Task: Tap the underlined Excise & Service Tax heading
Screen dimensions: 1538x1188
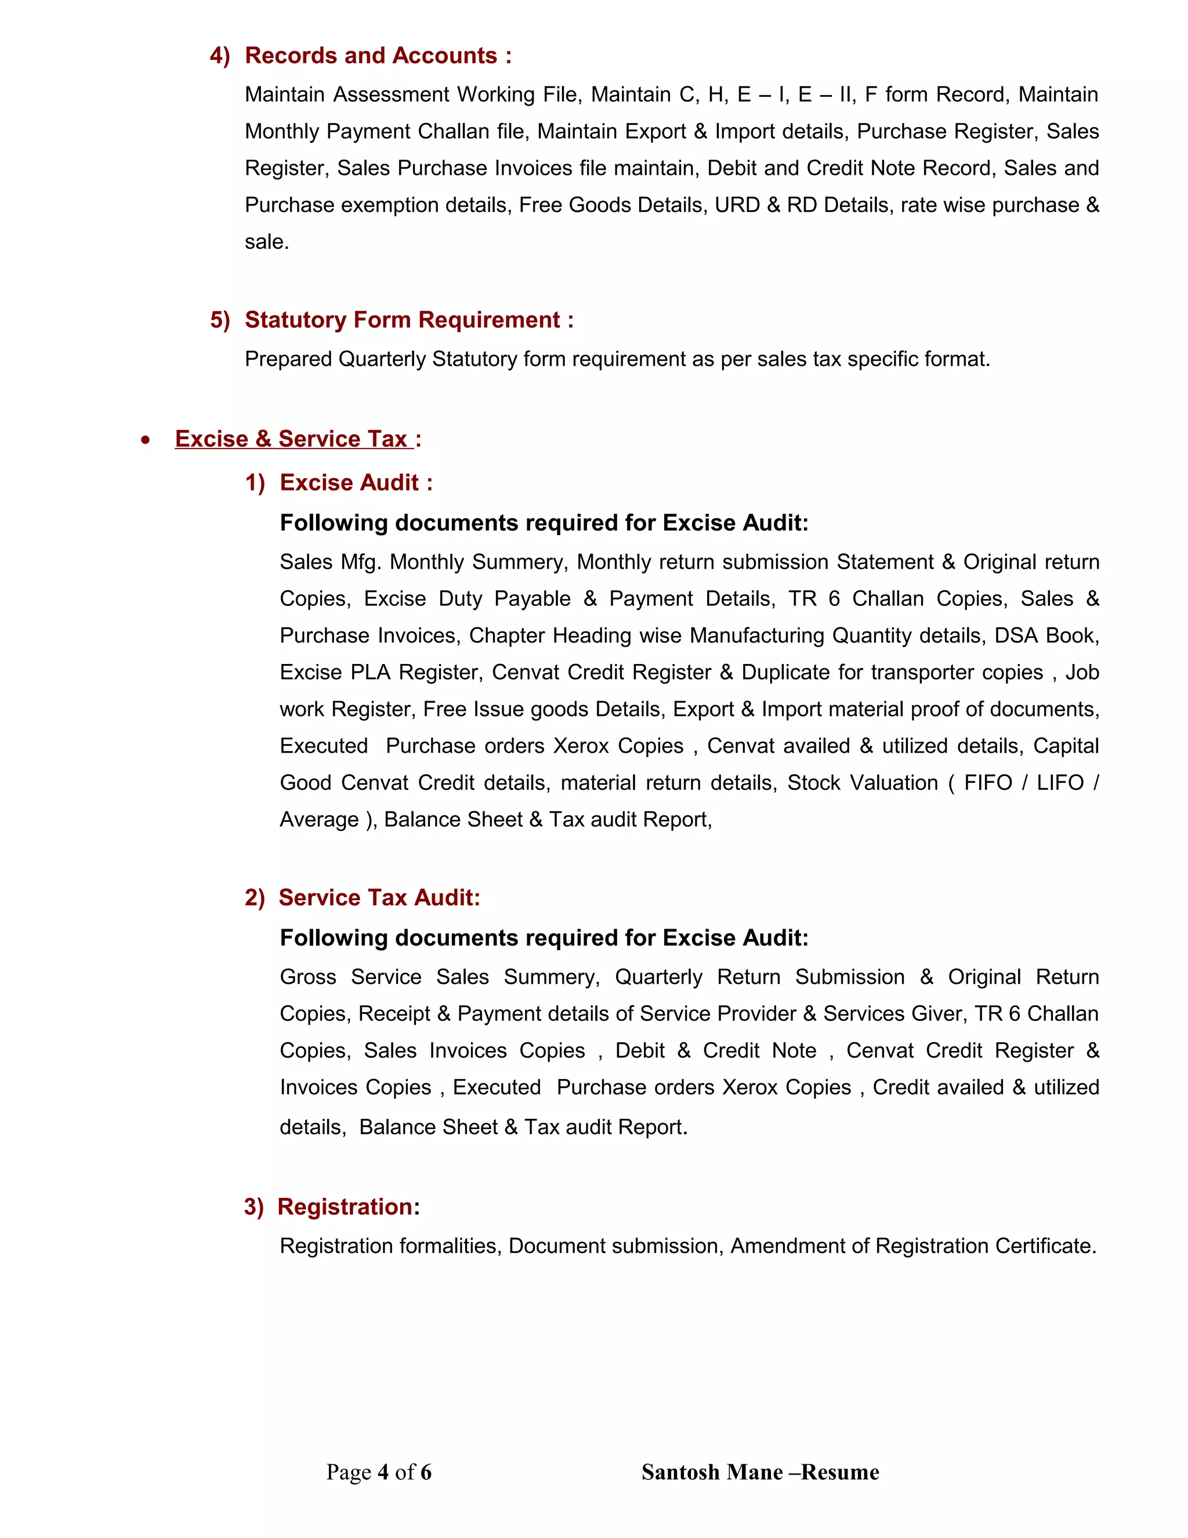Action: pyautogui.click(x=291, y=439)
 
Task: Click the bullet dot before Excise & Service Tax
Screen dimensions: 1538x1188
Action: pyautogui.click(x=145, y=440)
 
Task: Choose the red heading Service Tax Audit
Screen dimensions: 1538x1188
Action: pyautogui.click(x=379, y=897)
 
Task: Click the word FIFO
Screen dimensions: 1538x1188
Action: pyautogui.click(x=987, y=782)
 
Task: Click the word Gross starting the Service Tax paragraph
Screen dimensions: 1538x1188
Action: pyautogui.click(x=307, y=977)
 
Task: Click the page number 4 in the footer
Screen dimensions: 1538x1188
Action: pyautogui.click(x=383, y=1472)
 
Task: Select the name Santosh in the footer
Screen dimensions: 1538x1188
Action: pyautogui.click(x=680, y=1472)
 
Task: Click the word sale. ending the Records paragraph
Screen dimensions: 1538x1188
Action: pyautogui.click(x=267, y=242)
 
